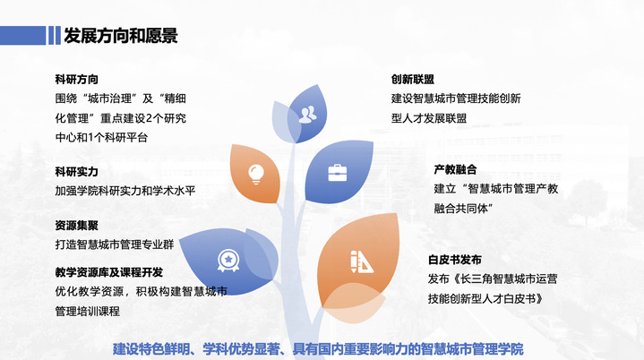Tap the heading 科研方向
76,79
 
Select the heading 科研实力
76,171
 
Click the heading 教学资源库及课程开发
108,271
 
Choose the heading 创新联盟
413,79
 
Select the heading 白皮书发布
455,260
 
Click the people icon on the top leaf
308,114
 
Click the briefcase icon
337,171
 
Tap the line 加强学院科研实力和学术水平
125,190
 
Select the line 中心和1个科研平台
101,137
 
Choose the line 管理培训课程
88,311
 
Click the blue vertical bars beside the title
50,35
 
